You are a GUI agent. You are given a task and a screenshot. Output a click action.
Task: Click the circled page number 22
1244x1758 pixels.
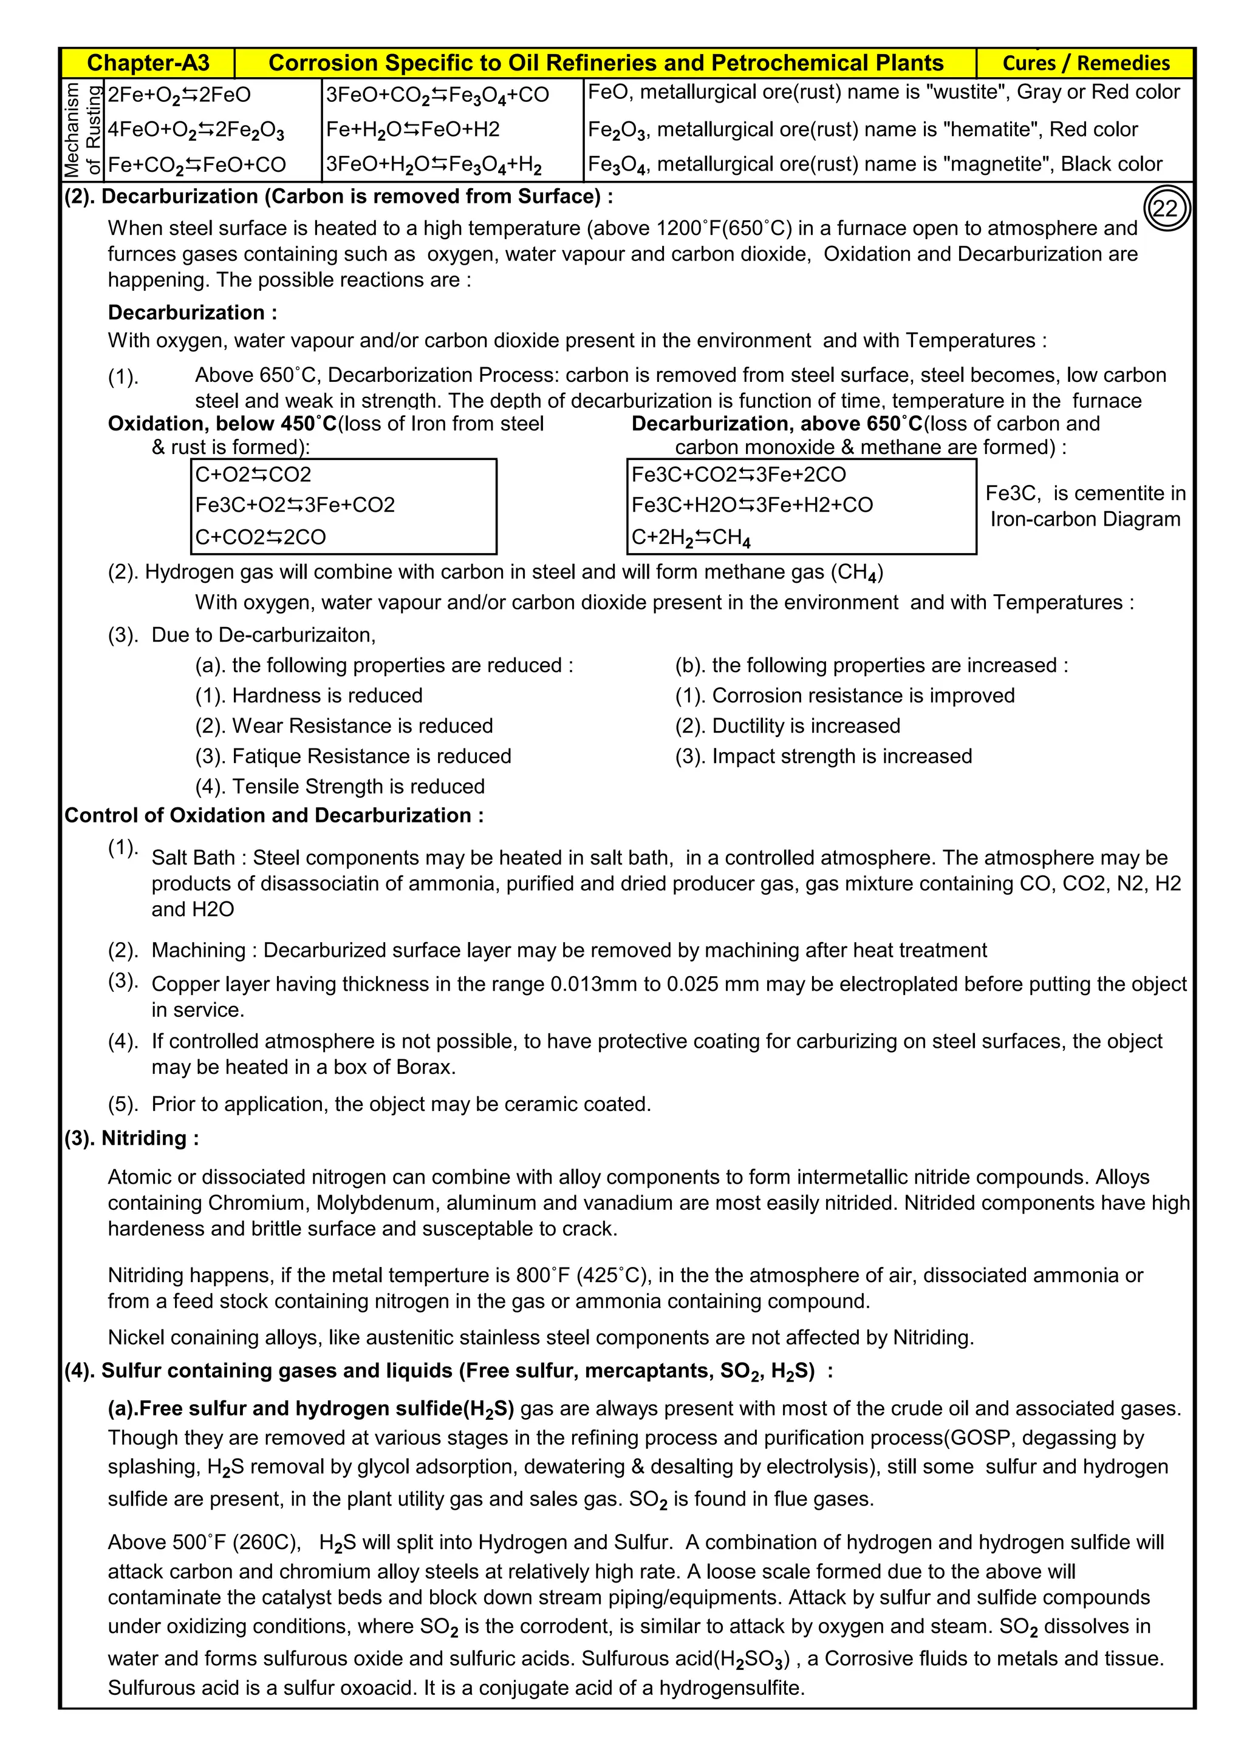click(x=1166, y=209)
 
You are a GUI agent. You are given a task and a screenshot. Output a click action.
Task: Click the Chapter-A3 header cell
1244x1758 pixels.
click(x=148, y=63)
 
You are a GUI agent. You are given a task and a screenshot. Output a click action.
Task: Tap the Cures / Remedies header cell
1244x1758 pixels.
click(x=1085, y=63)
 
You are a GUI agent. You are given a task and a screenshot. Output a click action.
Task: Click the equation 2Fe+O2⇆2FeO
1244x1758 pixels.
click(x=179, y=95)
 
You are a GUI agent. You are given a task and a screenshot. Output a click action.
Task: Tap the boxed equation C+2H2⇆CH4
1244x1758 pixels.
click(x=690, y=537)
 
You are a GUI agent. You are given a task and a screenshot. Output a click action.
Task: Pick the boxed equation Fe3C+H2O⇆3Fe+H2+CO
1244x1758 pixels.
click(x=751, y=504)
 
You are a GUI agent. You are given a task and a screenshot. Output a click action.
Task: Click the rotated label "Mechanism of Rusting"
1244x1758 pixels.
click(x=83, y=129)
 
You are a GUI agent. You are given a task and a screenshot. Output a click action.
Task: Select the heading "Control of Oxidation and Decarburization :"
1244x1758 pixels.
click(x=273, y=815)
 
